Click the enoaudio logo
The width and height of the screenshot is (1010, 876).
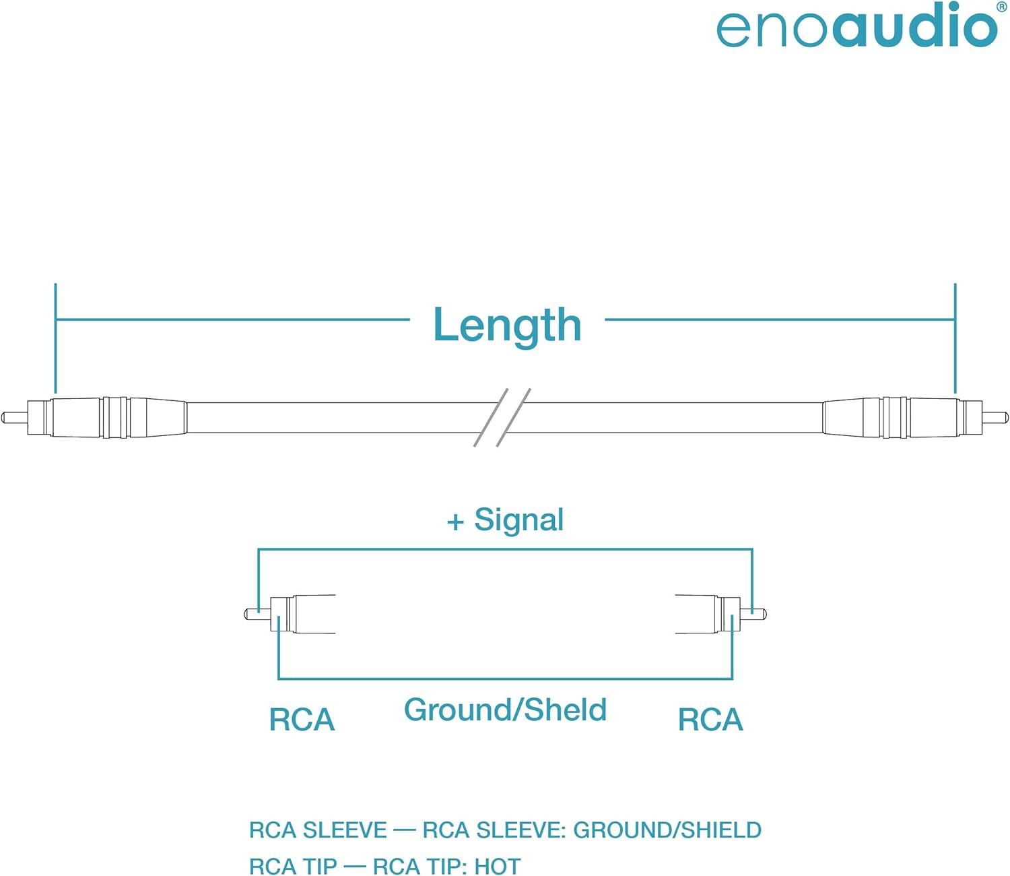(856, 26)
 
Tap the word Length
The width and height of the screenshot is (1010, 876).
(507, 326)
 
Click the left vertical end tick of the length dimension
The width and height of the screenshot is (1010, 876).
(55, 338)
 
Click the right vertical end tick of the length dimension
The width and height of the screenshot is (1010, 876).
(955, 338)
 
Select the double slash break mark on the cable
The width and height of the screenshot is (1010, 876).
(502, 417)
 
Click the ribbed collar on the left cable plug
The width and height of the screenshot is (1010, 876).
(115, 417)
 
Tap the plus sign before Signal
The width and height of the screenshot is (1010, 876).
(455, 522)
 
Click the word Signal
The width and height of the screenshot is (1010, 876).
(519, 520)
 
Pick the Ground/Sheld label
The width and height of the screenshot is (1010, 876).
(505, 710)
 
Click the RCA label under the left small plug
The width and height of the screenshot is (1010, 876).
(302, 720)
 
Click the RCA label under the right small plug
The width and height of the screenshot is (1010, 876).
(710, 720)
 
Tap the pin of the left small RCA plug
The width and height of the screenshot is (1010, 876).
(257, 614)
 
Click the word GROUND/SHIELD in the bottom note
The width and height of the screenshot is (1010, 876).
(667, 830)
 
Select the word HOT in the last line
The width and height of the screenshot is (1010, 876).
(498, 866)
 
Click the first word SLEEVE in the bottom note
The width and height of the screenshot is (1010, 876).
(345, 830)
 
